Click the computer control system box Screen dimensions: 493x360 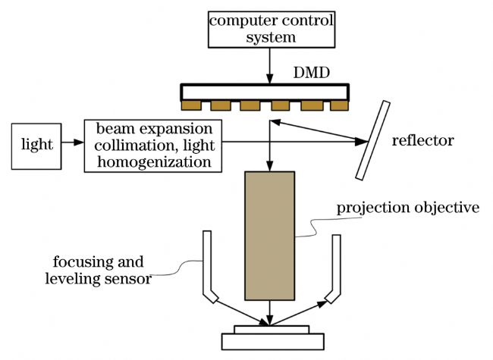click(272, 30)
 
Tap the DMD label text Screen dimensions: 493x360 click(312, 73)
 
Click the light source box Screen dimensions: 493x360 click(36, 146)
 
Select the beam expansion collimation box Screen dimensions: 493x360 click(153, 146)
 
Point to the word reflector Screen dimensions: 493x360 click(423, 140)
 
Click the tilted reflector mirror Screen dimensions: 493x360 click(373, 140)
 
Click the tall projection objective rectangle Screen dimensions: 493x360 click(270, 236)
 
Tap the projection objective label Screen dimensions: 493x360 click(408, 208)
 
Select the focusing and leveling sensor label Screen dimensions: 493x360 click(98, 270)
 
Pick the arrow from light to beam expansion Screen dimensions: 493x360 click(73, 142)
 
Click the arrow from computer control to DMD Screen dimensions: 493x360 click(270, 66)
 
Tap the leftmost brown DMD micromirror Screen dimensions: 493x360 click(191, 105)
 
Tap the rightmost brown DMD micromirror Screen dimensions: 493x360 click(339, 105)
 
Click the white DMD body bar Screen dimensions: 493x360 click(265, 92)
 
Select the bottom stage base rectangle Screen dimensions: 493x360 click(273, 342)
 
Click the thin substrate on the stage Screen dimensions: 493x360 click(272, 330)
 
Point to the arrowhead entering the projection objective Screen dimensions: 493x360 click(270, 166)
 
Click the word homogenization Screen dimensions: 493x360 click(154, 162)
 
